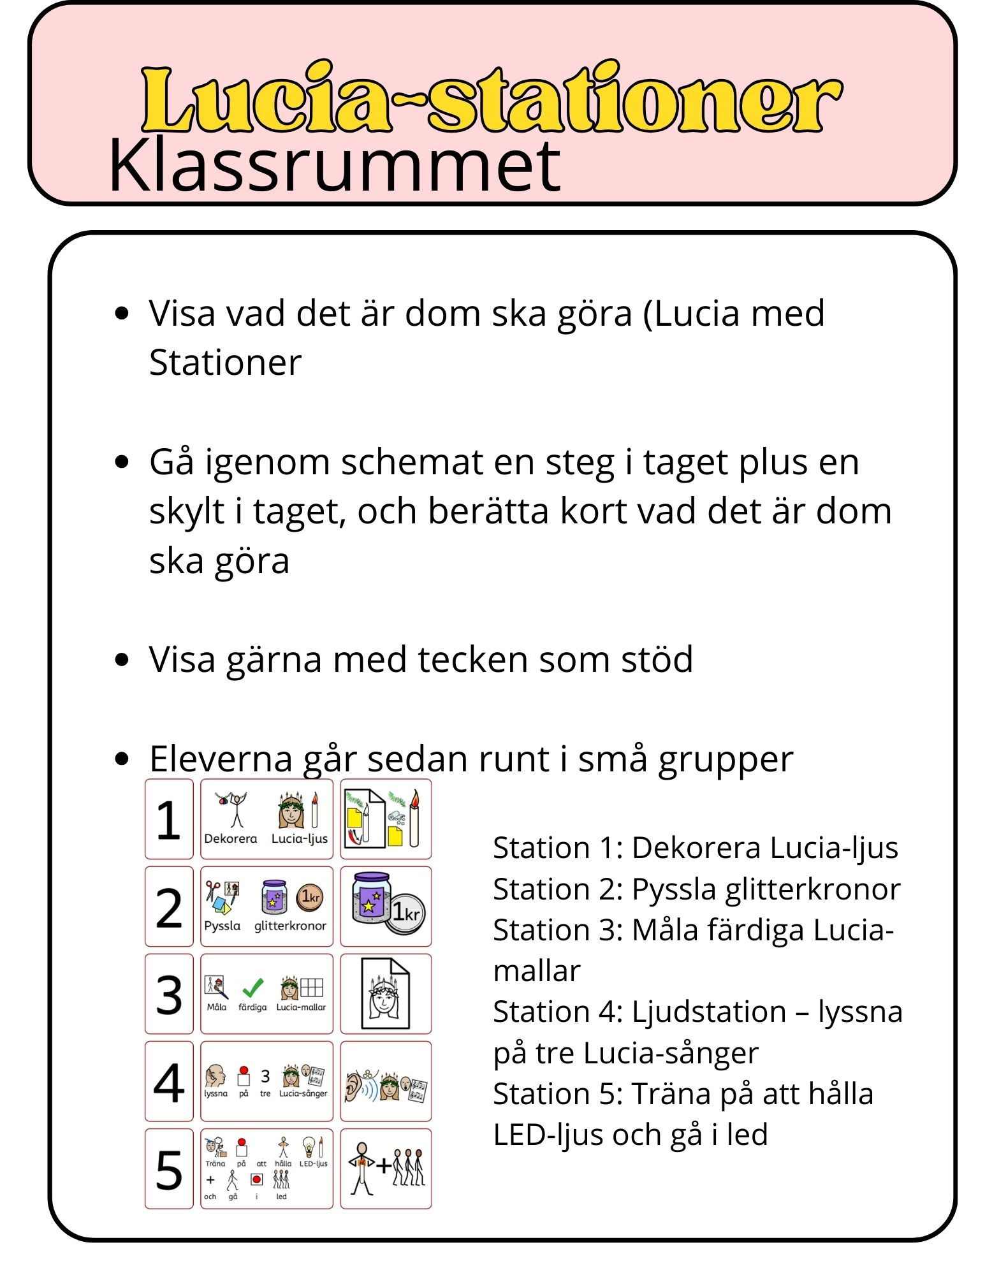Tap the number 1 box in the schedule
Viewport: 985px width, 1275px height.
coord(169,819)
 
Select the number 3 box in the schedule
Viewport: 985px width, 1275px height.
coord(169,994)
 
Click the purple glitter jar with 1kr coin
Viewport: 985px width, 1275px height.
coord(386,906)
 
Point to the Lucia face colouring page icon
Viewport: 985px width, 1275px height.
coord(386,994)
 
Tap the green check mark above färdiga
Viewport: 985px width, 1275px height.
coord(253,987)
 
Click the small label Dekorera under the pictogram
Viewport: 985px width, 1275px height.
coord(231,839)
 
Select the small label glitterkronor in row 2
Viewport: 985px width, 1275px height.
coord(290,926)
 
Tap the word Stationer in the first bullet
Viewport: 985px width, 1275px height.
coord(225,363)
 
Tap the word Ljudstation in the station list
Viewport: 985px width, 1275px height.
coord(708,1012)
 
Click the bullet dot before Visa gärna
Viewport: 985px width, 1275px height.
coord(122,659)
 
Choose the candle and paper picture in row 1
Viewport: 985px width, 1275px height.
coord(386,819)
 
